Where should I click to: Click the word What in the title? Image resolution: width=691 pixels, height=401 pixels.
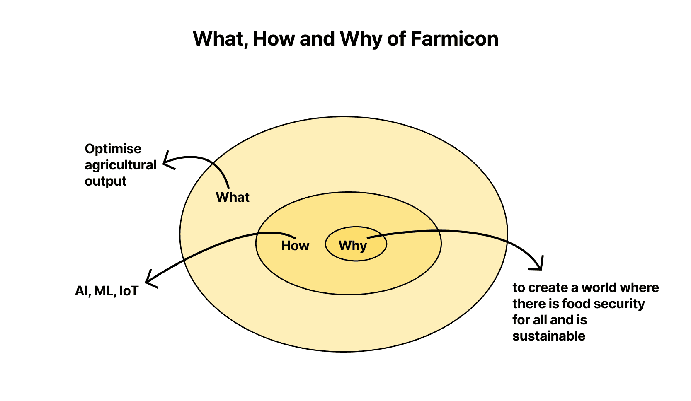tap(219, 39)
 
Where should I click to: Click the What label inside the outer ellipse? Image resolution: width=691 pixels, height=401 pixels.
tap(233, 197)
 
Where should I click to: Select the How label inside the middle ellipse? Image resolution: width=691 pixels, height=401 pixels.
tap(295, 246)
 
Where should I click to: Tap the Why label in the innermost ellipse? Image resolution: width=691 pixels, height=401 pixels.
tap(353, 246)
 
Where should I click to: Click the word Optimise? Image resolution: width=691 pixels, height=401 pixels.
tap(113, 149)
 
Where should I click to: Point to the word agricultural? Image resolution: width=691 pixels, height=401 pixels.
tap(120, 165)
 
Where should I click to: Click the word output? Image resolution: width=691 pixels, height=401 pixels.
tap(105, 181)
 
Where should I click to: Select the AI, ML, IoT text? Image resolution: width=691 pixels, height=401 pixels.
tap(107, 291)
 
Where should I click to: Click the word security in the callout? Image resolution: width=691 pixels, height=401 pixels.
tap(621, 304)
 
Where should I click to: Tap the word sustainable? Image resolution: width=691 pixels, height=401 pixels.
tap(548, 336)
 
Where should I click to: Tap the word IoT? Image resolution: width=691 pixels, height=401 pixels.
tap(129, 291)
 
